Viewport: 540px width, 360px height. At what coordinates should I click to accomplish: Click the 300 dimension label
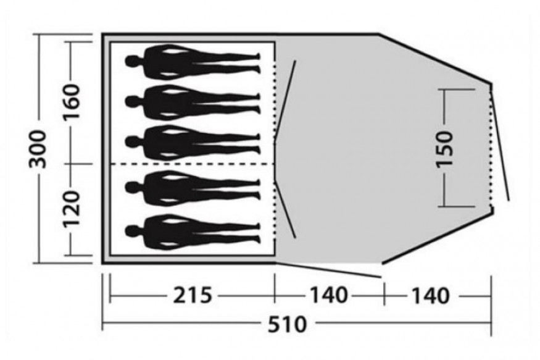tap(37, 149)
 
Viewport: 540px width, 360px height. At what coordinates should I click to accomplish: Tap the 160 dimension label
tap(72, 101)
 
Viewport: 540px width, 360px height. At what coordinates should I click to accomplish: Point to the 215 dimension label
tap(192, 296)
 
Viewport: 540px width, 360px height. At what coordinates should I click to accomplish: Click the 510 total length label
tap(287, 324)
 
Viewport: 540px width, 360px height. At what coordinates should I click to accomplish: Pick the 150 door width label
tap(444, 149)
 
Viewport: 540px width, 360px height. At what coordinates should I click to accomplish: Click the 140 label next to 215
tap(329, 296)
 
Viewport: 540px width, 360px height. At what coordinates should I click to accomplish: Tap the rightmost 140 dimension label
tap(431, 296)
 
